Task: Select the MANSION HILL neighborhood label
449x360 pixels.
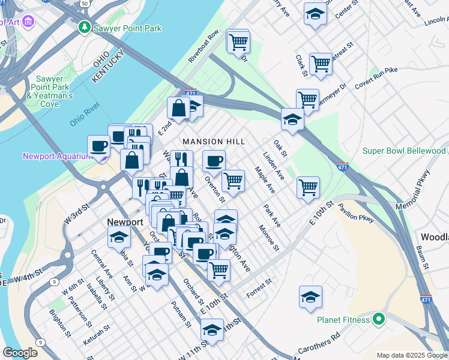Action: [x=214, y=141]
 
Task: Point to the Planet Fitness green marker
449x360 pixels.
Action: [x=378, y=320]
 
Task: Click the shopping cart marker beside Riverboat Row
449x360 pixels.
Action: [x=238, y=42]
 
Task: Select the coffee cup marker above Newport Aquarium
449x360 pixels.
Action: [x=98, y=146]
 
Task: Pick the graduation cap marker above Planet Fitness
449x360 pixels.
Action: [x=310, y=297]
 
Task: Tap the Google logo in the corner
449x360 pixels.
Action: [x=20, y=353]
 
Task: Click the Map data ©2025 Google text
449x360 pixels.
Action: [x=412, y=355]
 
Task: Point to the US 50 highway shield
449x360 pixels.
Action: [x=85, y=3]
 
